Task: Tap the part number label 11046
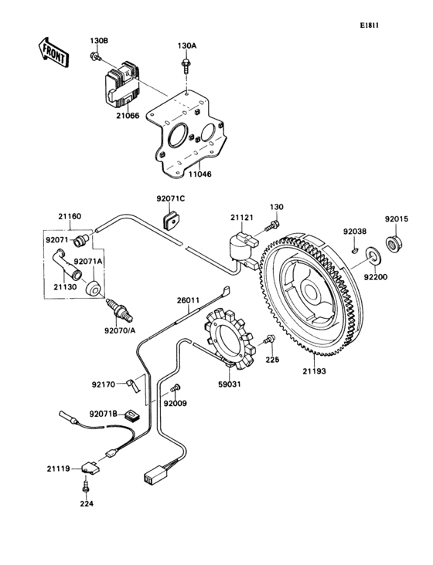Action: tap(199, 175)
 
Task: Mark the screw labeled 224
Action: tap(86, 490)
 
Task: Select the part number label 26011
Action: tap(188, 300)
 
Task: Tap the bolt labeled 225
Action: tap(268, 340)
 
